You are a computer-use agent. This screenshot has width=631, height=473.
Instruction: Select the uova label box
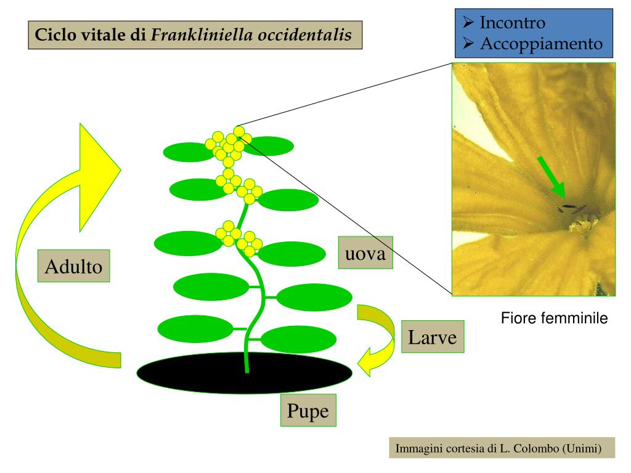pos(365,253)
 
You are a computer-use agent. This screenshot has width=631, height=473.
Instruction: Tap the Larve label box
pos(432,337)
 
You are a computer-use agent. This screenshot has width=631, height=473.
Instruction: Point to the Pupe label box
pos(309,410)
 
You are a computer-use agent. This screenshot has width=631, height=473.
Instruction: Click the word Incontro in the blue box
pos(512,23)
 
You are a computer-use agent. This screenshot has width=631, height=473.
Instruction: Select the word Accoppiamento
pos(540,44)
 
